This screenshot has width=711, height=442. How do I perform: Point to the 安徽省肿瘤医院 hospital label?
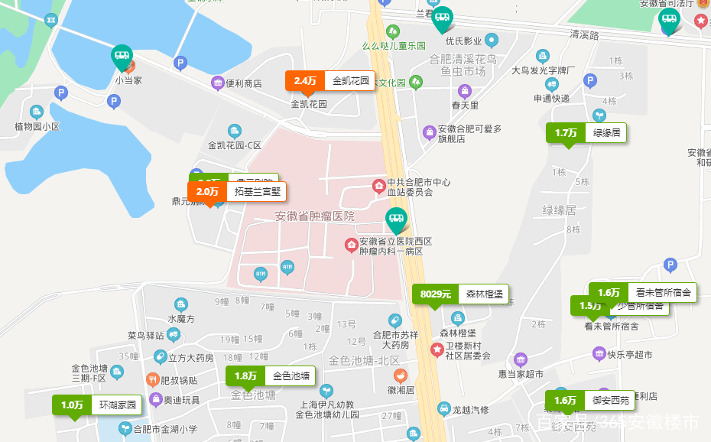pos(315,216)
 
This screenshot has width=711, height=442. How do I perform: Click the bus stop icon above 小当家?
pos(122,56)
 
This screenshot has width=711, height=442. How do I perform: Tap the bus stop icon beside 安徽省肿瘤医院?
pos(395,220)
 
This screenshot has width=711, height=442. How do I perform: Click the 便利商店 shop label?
pos(244,83)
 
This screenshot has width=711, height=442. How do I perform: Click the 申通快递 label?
pos(551,99)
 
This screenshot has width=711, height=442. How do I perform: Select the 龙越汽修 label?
pos(470,410)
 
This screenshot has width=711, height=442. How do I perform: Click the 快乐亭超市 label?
pos(630,355)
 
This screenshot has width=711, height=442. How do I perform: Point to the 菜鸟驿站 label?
pos(146,336)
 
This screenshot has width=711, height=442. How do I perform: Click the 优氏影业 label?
pos(463,41)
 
